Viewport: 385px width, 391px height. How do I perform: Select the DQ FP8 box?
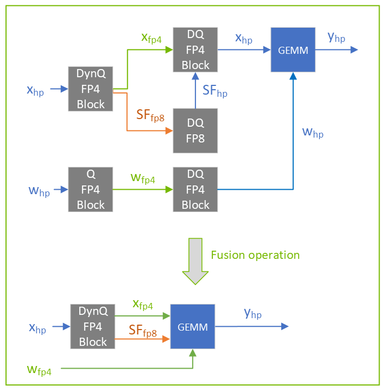(195, 131)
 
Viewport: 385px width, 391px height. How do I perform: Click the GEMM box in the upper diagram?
(293, 51)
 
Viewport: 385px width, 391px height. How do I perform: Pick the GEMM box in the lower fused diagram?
(193, 326)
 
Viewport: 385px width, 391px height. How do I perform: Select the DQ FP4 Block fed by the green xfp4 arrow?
(195, 50)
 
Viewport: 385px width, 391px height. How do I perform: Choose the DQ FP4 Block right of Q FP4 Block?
(195, 189)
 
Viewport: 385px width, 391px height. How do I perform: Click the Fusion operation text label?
(255, 255)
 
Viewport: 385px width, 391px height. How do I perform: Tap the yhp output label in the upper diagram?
(336, 38)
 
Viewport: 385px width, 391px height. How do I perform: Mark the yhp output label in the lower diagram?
(253, 313)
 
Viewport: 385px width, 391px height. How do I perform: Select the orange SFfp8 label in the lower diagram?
(143, 331)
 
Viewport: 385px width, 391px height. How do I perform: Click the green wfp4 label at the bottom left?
(39, 370)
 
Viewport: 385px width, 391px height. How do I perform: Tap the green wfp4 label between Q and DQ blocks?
(142, 178)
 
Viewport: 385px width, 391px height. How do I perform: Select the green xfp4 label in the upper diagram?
(151, 38)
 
